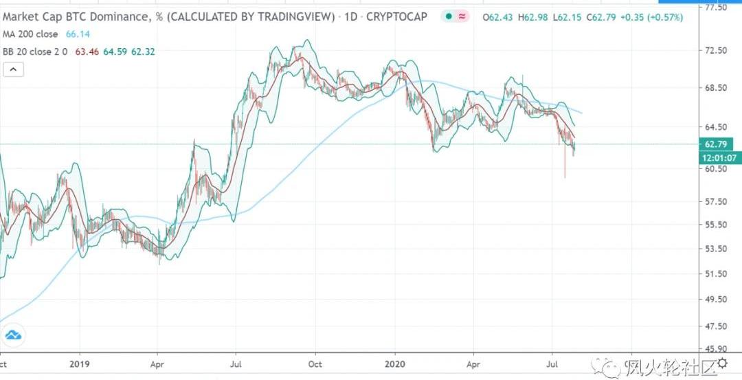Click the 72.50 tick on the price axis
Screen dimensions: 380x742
[x=716, y=51]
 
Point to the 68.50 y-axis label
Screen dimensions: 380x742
[x=716, y=88]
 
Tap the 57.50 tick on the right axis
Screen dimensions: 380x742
[x=716, y=201]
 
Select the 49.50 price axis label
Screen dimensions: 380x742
[x=716, y=300]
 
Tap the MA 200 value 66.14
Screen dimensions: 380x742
[x=76, y=34]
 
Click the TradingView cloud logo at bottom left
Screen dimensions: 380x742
[x=13, y=336]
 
